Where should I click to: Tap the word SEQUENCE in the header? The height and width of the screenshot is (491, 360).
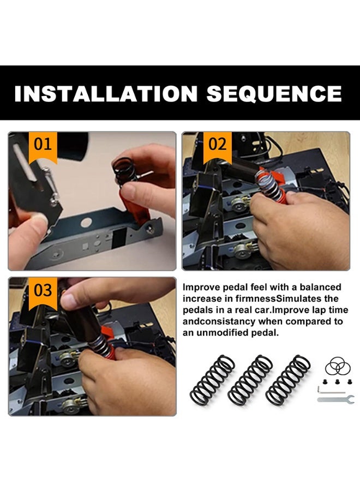tap(274, 93)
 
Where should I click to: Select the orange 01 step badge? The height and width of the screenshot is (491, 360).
tap(43, 145)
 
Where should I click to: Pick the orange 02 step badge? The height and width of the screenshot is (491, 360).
tap(217, 145)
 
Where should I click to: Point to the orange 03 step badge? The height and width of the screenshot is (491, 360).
tap(43, 291)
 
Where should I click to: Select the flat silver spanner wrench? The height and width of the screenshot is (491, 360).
tap(335, 399)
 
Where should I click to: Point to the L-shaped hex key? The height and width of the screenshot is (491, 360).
tap(327, 390)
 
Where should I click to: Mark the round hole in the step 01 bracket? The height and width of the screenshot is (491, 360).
tap(86, 223)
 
